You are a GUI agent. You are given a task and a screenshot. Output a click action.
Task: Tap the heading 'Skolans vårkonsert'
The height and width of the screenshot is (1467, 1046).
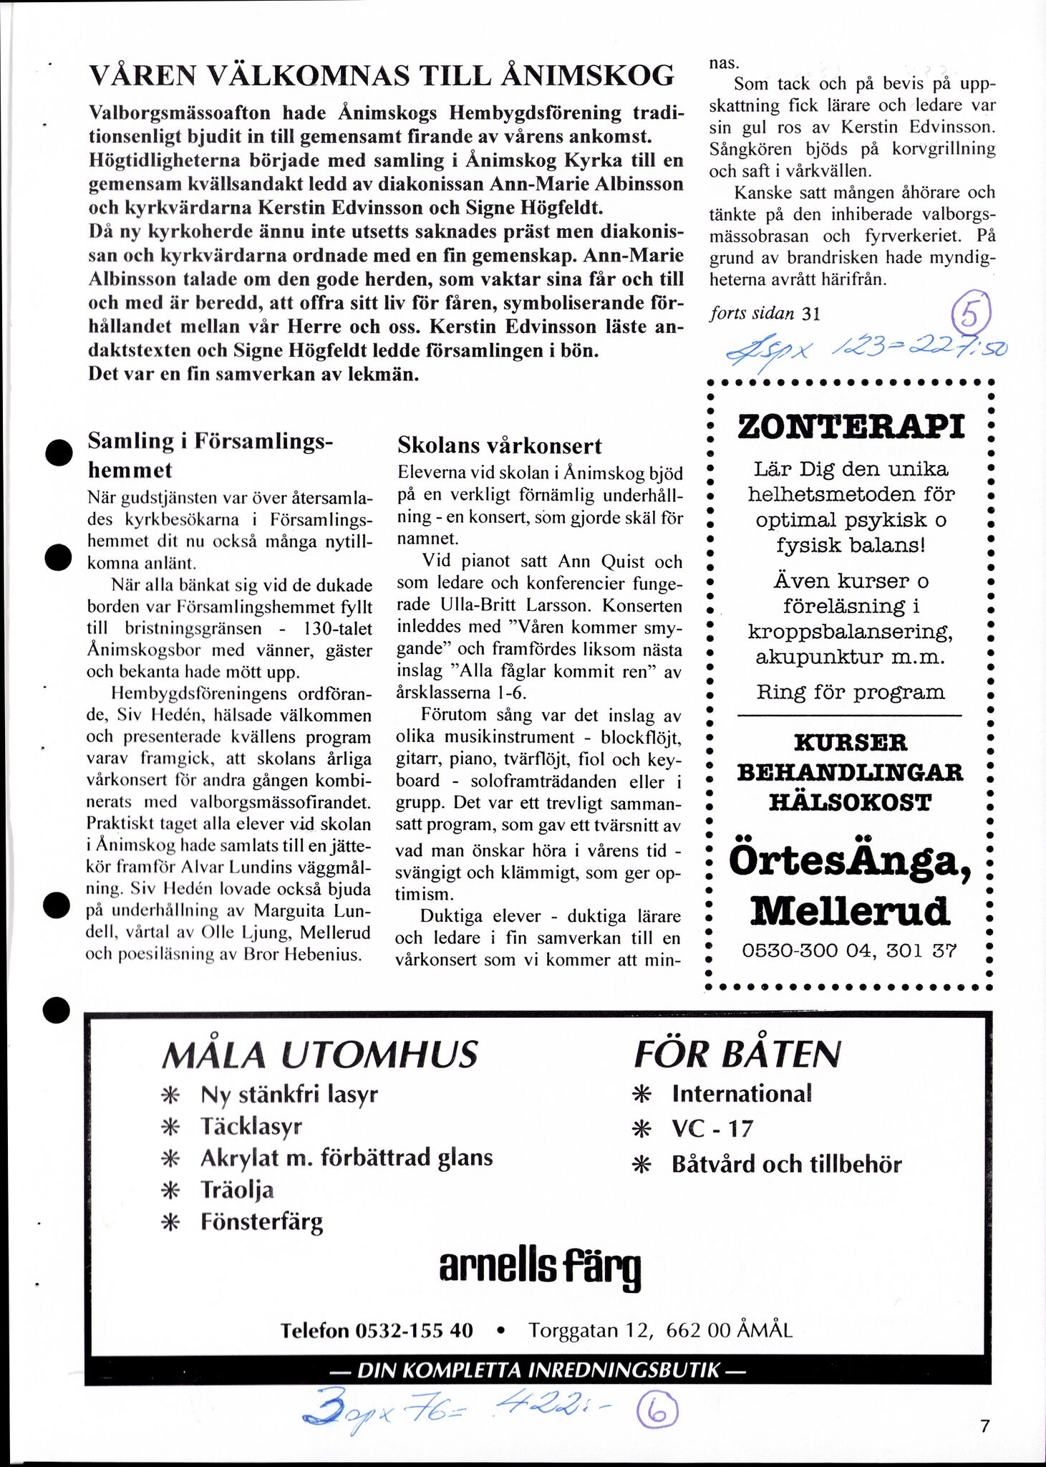499,446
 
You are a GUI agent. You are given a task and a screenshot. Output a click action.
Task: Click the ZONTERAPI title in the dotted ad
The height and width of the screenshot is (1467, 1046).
851,427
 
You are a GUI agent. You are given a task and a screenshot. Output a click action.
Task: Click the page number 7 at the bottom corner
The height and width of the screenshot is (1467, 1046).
985,1425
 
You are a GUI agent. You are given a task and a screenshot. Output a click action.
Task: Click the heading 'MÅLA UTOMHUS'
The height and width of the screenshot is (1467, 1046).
319,1054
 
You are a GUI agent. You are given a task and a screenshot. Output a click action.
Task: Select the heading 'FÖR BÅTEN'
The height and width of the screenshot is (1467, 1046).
737,1054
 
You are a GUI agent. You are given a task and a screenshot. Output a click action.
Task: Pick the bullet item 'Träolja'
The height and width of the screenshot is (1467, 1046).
237,1190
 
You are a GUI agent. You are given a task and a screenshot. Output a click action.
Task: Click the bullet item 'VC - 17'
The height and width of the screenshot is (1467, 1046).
712,1129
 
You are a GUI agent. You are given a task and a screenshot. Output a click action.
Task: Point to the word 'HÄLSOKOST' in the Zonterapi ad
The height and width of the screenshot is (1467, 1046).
850,802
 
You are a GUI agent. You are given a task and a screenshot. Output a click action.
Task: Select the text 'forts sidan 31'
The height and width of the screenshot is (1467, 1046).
764,313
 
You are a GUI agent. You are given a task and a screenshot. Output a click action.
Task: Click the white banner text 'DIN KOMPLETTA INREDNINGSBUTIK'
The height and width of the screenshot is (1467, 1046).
538,1371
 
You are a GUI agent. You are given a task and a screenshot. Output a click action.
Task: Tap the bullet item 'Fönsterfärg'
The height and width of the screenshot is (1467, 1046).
261,1221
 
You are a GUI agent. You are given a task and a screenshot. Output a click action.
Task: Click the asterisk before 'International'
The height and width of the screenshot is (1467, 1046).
642,1094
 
